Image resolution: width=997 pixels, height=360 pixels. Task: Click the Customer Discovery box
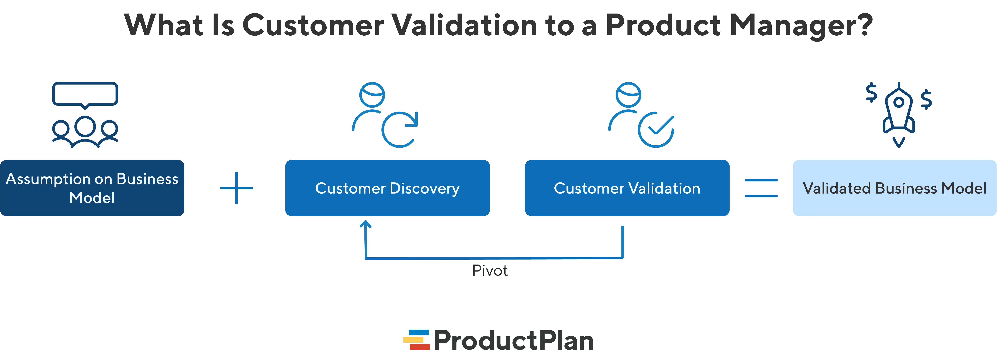click(387, 188)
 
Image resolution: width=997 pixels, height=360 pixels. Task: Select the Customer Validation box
click(627, 188)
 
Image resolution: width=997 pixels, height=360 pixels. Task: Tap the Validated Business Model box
click(894, 188)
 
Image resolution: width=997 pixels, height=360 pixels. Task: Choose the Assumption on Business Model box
click(92, 188)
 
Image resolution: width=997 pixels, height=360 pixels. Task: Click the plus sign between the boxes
click(236, 188)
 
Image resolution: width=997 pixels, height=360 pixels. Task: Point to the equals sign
click(761, 188)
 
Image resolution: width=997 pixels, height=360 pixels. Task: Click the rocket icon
click(899, 110)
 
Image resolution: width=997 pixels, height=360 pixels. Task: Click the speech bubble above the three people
click(85, 94)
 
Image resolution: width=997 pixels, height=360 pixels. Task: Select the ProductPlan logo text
click(514, 341)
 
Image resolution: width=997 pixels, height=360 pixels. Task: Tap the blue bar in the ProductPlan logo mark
click(419, 332)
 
